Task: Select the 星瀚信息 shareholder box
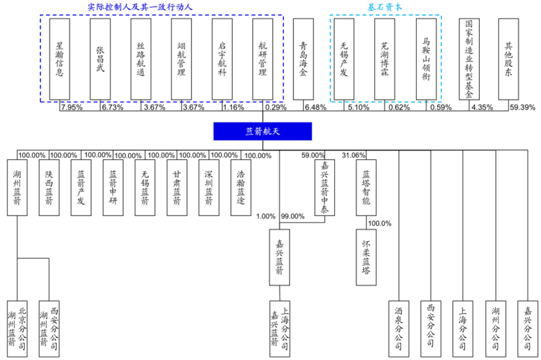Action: click(60, 59)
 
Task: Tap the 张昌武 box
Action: click(100, 59)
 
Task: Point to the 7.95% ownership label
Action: click(72, 107)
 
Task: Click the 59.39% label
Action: click(522, 107)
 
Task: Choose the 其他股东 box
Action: click(508, 59)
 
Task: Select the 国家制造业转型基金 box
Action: click(469, 59)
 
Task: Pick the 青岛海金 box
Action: click(303, 59)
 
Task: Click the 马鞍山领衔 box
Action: click(426, 59)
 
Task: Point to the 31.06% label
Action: click(354, 155)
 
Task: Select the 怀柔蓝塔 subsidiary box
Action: click(366, 257)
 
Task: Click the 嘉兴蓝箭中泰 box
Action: click(325, 187)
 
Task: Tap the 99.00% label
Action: click(293, 216)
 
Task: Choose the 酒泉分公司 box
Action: click(399, 325)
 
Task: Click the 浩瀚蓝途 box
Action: click(240, 187)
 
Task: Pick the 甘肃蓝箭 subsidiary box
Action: click(177, 187)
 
